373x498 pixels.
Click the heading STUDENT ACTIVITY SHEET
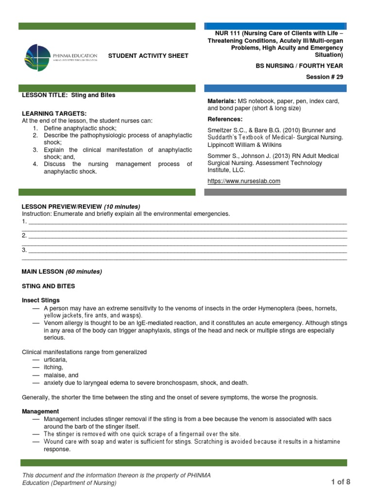[x=148, y=56]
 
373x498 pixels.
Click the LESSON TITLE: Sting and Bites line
[x=68, y=95]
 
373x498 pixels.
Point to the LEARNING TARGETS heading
[x=54, y=113]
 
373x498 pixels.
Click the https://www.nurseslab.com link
[x=244, y=181]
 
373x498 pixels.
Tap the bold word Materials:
[x=221, y=101]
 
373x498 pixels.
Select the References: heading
[x=225, y=119]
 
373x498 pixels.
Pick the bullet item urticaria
[x=56, y=359]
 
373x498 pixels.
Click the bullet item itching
[x=53, y=367]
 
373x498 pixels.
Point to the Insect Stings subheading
[x=41, y=301]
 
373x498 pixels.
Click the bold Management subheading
[x=40, y=411]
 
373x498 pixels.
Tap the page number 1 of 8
[x=340, y=482]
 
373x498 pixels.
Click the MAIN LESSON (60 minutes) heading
[x=62, y=271]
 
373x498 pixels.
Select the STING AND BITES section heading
[x=49, y=286]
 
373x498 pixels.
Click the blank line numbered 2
[x=187, y=236]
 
